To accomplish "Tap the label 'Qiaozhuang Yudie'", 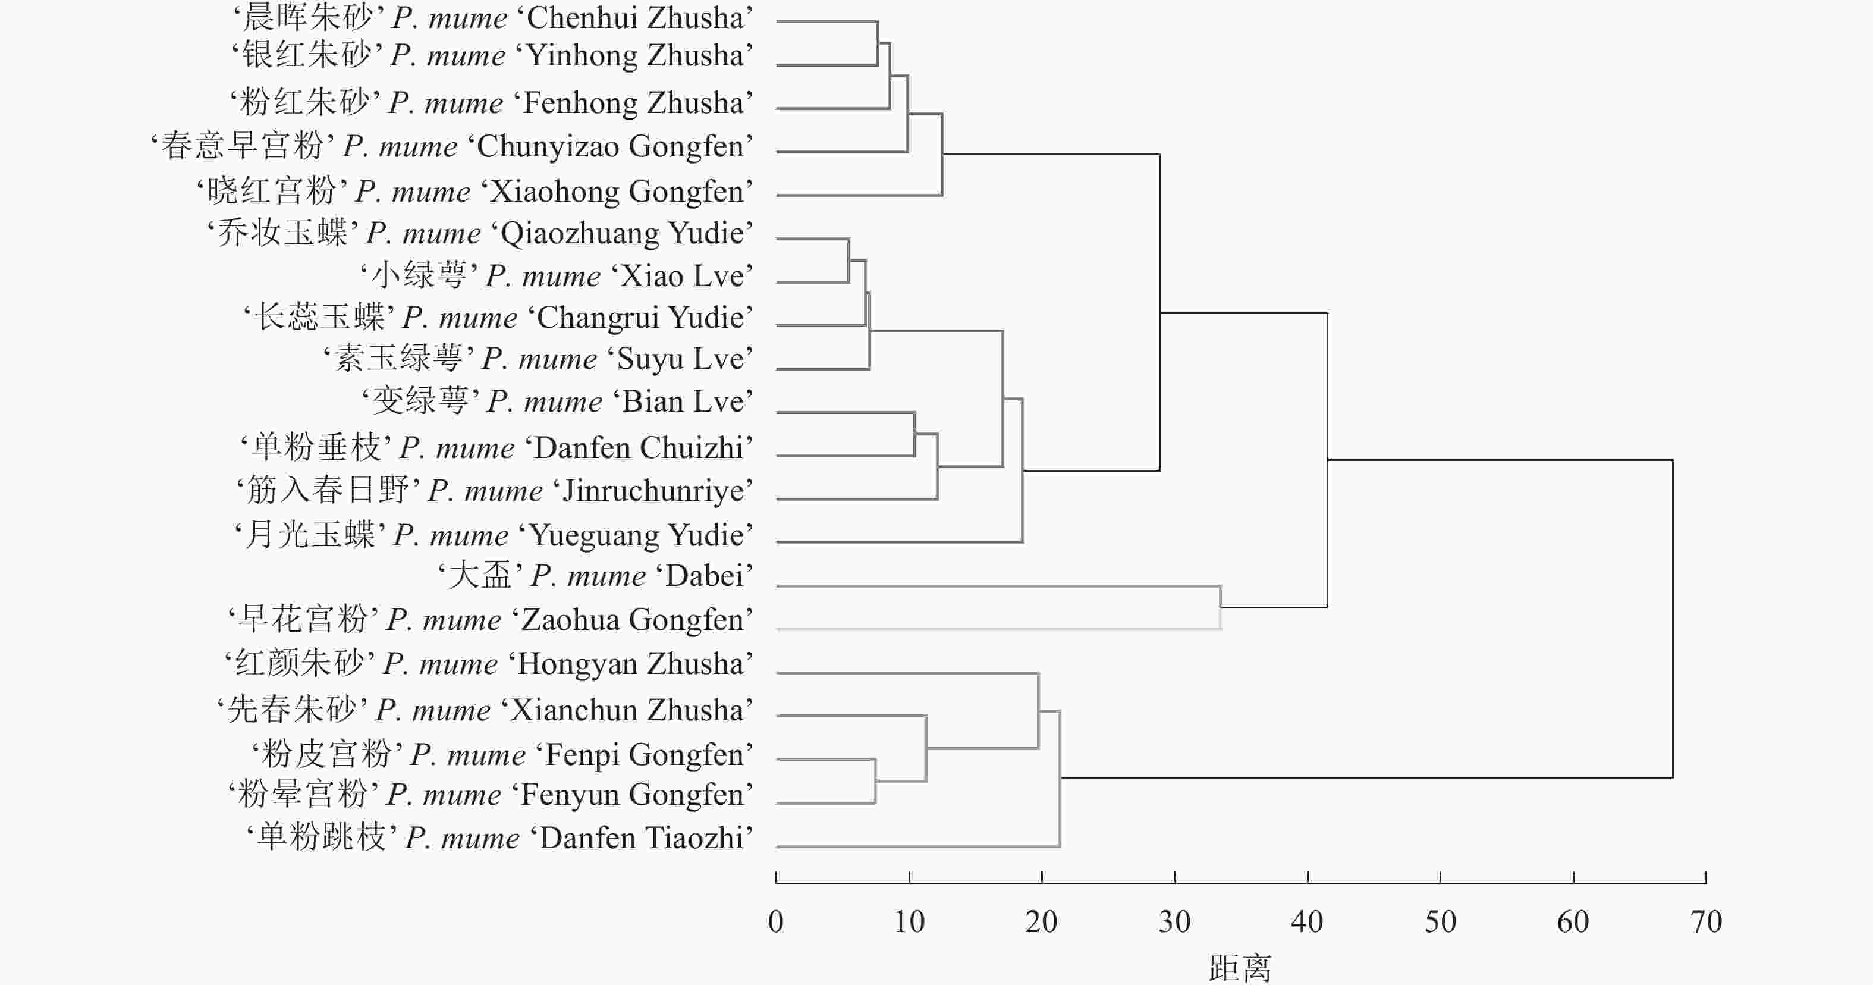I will coord(480,234).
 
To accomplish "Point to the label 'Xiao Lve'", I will coord(556,277).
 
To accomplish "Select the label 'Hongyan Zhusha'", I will coord(489,663).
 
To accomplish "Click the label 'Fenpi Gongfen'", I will coord(502,754).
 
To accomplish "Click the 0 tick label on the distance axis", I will coord(776,923).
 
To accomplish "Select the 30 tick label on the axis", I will coord(1174,923).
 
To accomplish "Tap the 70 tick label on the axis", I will coord(1706,923).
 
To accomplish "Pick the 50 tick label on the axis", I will coord(1440,923).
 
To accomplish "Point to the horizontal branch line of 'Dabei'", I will coord(996,586).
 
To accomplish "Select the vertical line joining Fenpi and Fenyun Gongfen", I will coord(875,782).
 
